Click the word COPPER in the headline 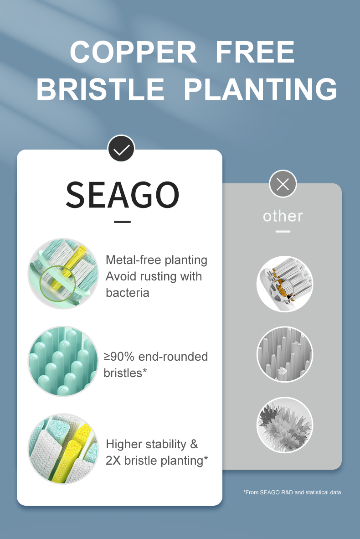click(133, 52)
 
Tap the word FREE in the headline click(255, 52)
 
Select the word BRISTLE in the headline click(100, 89)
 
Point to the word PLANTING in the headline click(260, 89)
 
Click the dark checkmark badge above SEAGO click(121, 149)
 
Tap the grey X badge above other click(283, 184)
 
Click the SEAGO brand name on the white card click(123, 195)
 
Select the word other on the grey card click(283, 216)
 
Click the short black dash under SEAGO click(122, 222)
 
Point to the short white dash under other click(283, 231)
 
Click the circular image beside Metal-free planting click(63, 274)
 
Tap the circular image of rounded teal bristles click(63, 361)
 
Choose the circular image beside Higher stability click(63, 449)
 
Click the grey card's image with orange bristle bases click(285, 284)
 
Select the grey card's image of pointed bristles click(285, 354)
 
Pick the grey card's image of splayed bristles click(285, 425)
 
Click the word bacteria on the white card click(128, 293)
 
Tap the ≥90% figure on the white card click(119, 357)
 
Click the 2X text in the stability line click(113, 461)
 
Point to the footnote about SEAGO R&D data click(292, 492)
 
